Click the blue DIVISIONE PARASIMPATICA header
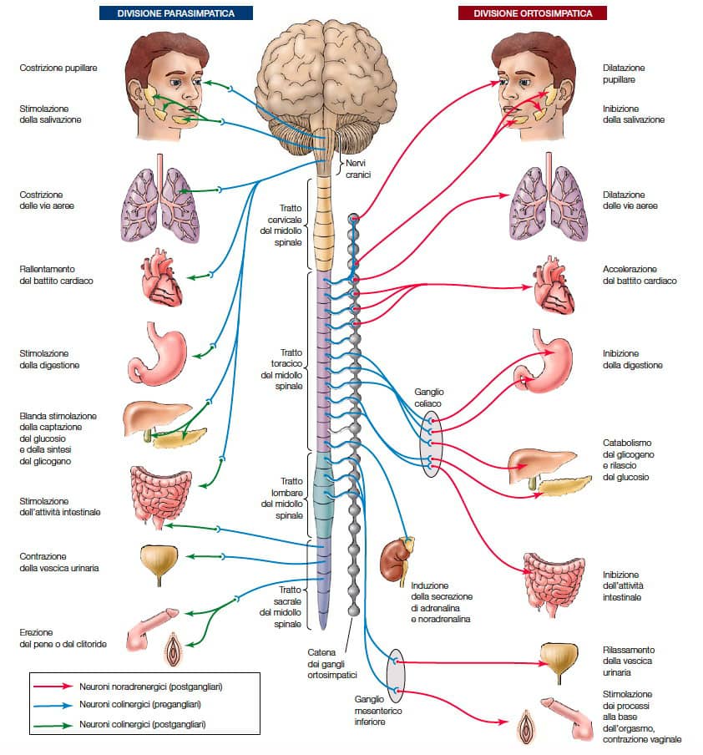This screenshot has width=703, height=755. (177, 13)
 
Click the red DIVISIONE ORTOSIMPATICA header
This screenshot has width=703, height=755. (532, 13)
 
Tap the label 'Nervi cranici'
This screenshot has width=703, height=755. (357, 170)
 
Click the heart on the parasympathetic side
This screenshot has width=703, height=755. (163, 279)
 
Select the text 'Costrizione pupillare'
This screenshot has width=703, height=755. (58, 67)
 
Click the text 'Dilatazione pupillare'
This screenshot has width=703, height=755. (624, 73)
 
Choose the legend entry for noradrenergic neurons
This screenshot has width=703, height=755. (143, 686)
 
